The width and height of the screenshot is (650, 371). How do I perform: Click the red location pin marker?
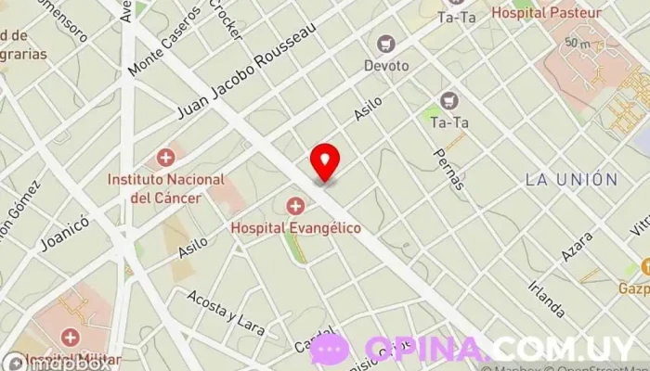[325, 162]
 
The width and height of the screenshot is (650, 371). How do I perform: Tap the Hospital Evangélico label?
[295, 226]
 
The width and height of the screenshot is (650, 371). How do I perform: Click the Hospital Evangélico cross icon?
[295, 205]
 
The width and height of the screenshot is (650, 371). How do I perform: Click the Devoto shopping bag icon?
[384, 43]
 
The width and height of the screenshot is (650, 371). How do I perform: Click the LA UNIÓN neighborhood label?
[570, 180]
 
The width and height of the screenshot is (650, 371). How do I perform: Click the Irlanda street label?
[544, 295]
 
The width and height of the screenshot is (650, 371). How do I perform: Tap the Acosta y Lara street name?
[226, 313]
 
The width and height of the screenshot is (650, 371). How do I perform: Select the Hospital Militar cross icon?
[70, 337]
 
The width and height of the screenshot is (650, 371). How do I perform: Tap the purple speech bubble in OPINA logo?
[330, 350]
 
